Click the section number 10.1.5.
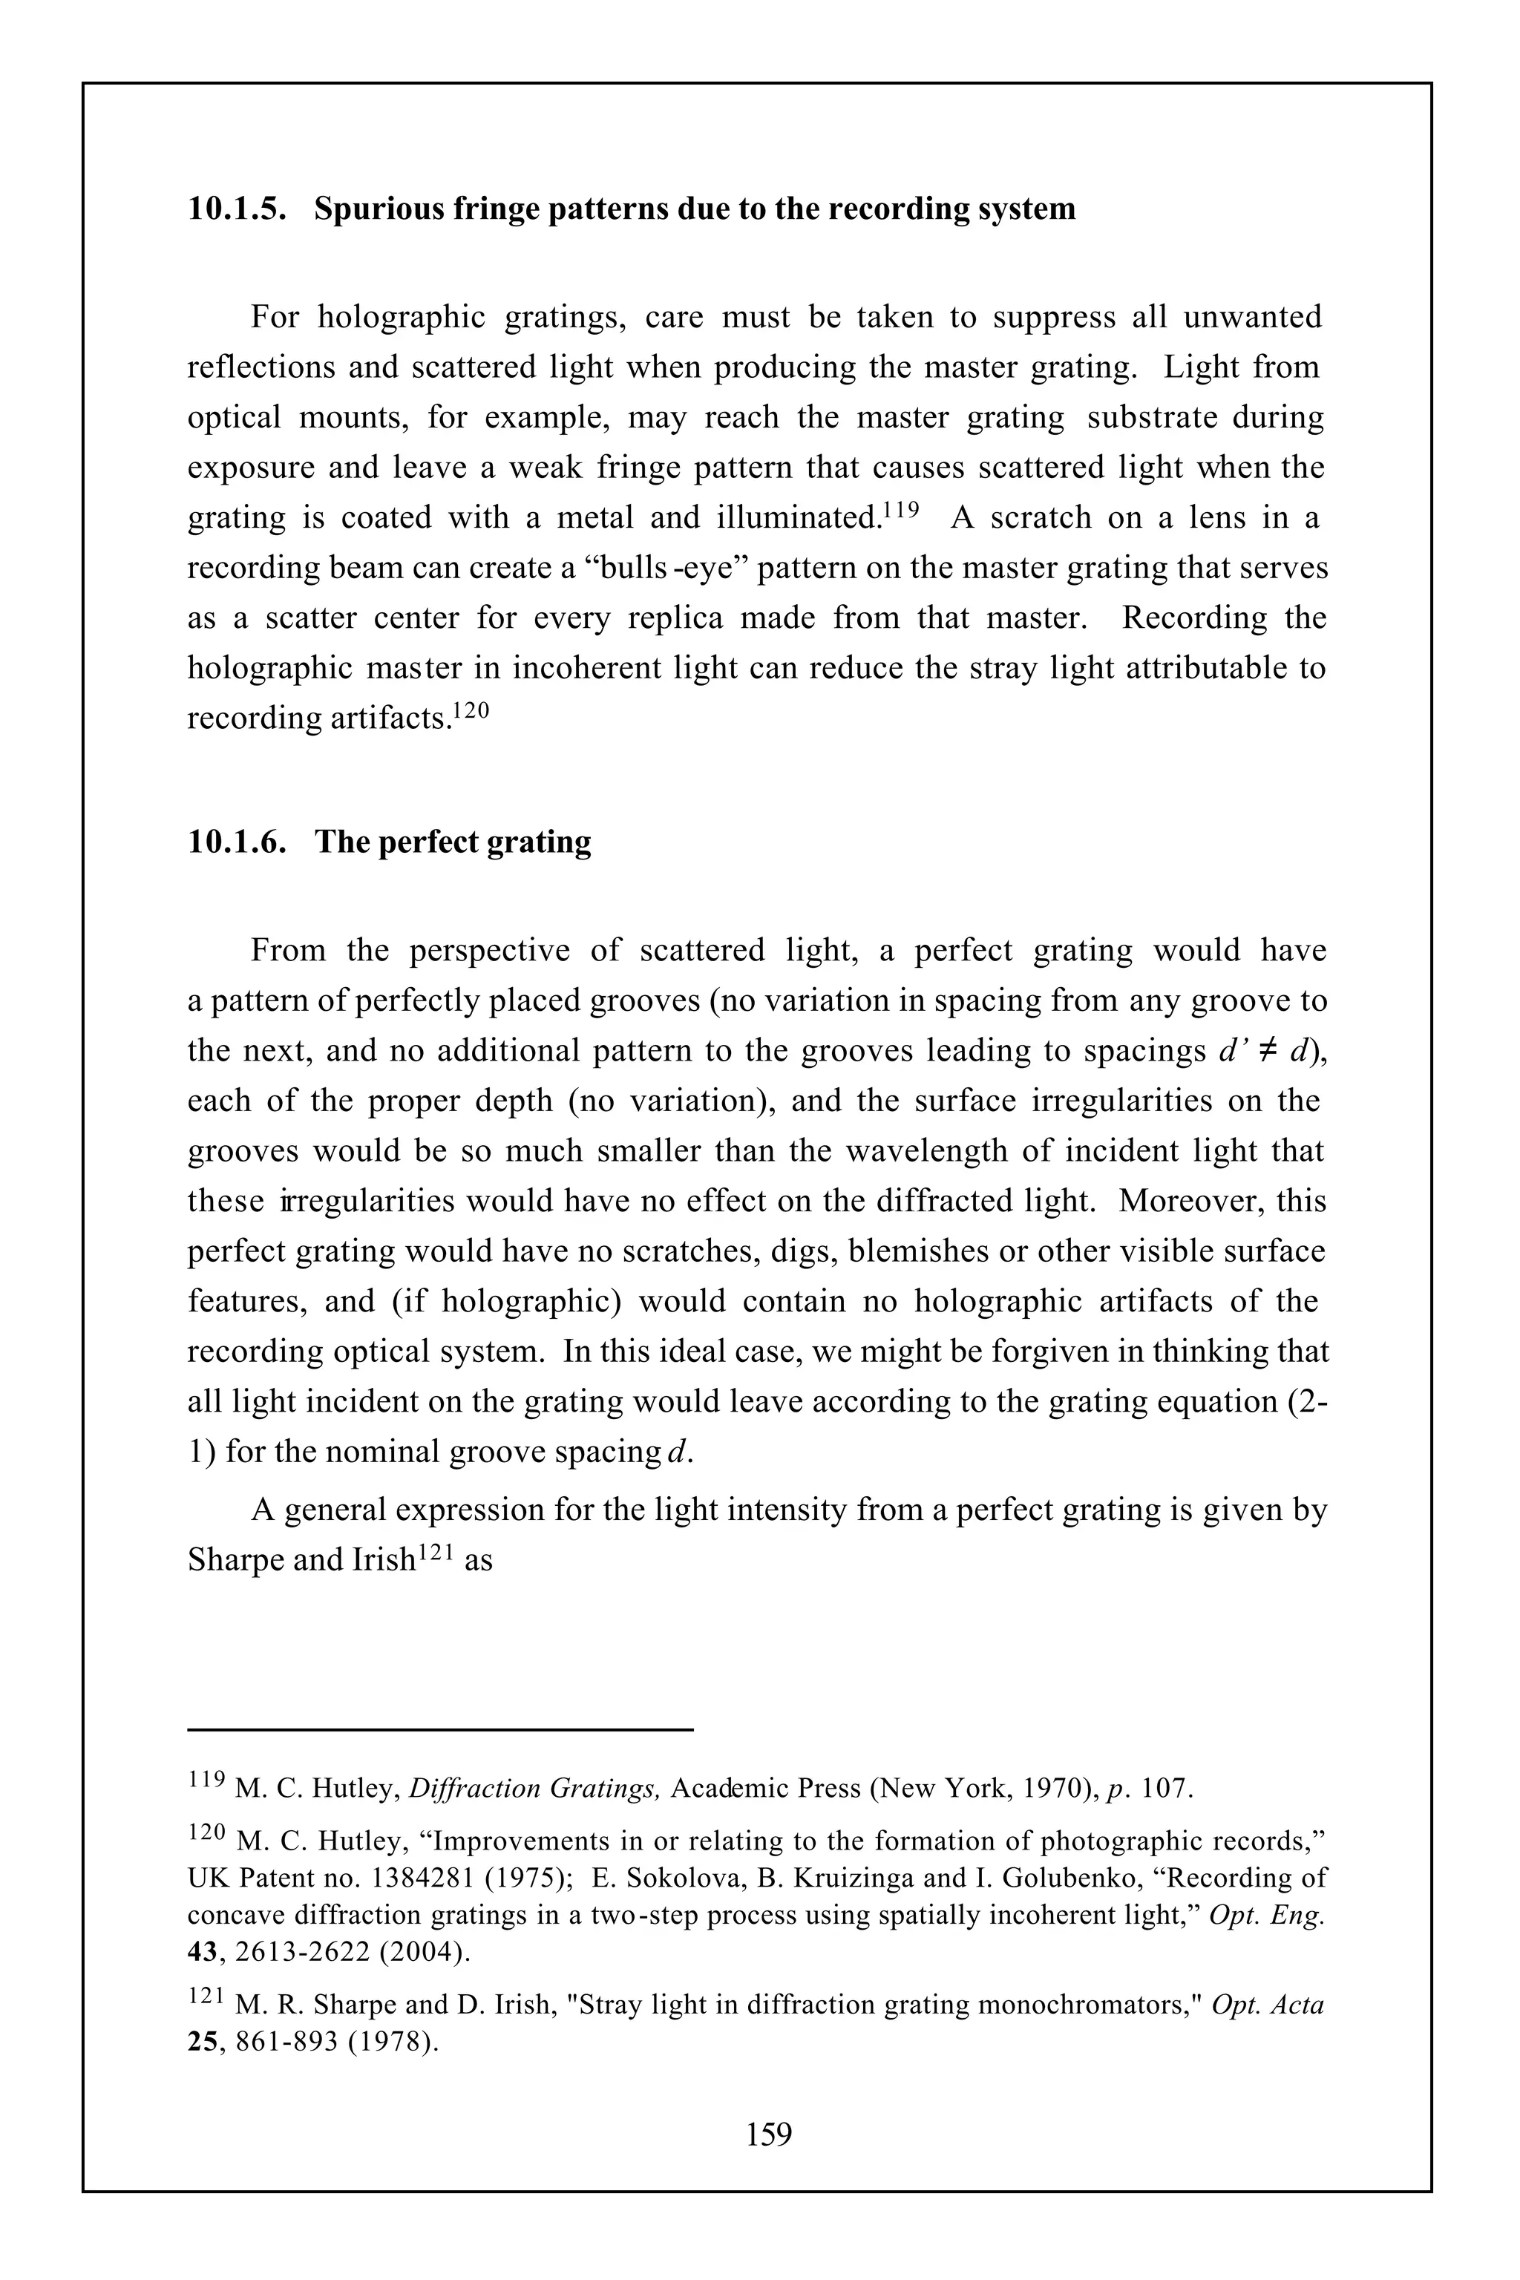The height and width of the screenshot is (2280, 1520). [237, 209]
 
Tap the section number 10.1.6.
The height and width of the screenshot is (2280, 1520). [237, 842]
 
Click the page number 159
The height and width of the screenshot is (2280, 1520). [769, 2134]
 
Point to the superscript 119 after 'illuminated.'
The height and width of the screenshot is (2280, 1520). [900, 507]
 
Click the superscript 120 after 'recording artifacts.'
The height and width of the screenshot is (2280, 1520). [472, 709]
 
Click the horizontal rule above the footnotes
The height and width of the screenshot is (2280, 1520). [440, 1729]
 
